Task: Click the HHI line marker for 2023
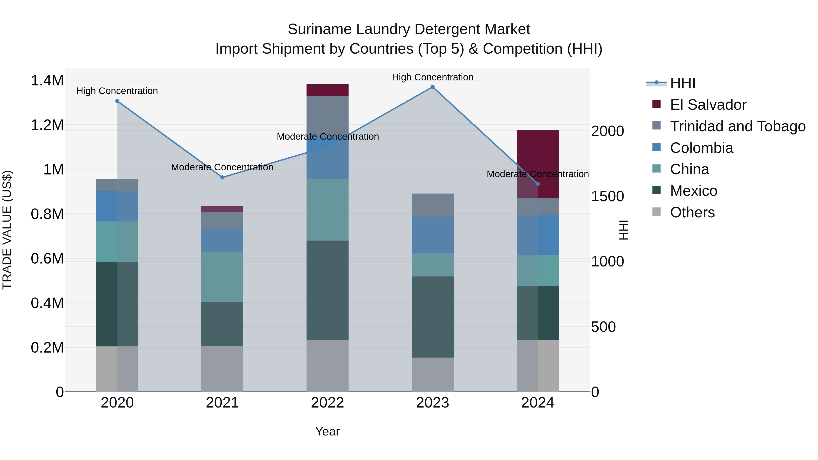click(432, 87)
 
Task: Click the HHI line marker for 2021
click(222, 177)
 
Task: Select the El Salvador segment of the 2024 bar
click(549, 159)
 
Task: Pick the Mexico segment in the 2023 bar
click(432, 317)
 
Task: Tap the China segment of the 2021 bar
click(222, 277)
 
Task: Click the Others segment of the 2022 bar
click(327, 366)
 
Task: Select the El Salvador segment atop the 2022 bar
click(327, 90)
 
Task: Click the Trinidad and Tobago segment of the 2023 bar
click(432, 205)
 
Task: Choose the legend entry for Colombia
click(701, 148)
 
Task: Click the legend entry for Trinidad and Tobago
click(737, 126)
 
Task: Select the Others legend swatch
click(656, 212)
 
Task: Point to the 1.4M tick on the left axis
click(47, 81)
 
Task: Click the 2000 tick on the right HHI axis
click(607, 131)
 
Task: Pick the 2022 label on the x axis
click(327, 403)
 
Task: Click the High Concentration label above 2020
click(117, 91)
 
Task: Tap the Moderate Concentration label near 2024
click(538, 174)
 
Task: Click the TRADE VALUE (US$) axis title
click(7, 230)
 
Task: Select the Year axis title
click(327, 431)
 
